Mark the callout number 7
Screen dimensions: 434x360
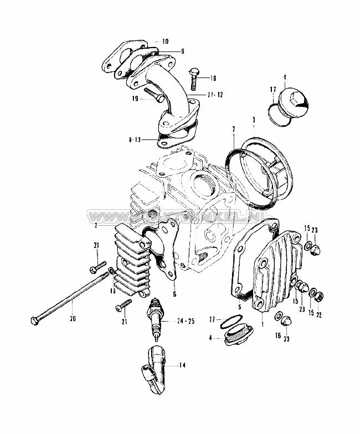pos(234,130)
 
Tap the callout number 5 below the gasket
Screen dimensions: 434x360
pos(240,307)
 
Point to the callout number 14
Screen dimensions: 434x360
pos(183,365)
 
